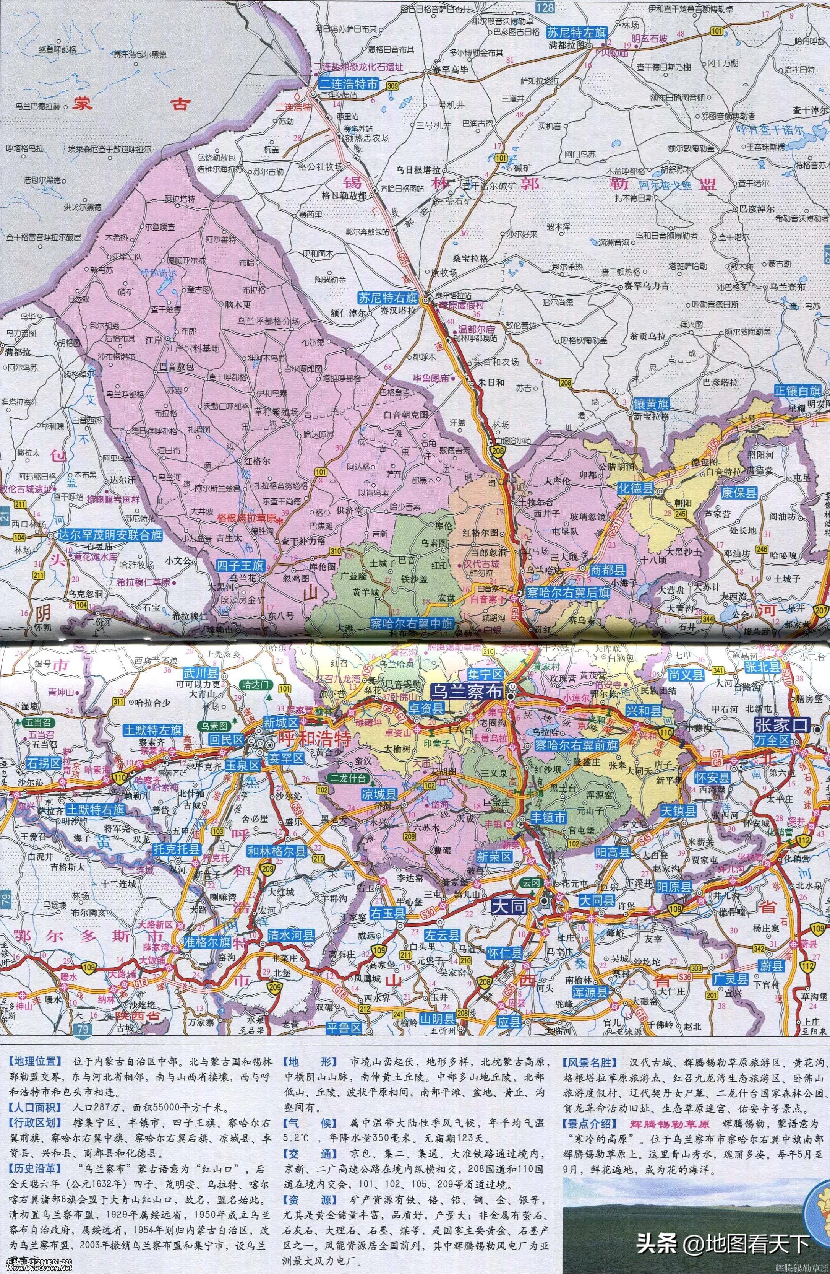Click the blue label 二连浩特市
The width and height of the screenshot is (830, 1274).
coord(348,84)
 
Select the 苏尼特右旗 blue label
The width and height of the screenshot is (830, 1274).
coord(388,298)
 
